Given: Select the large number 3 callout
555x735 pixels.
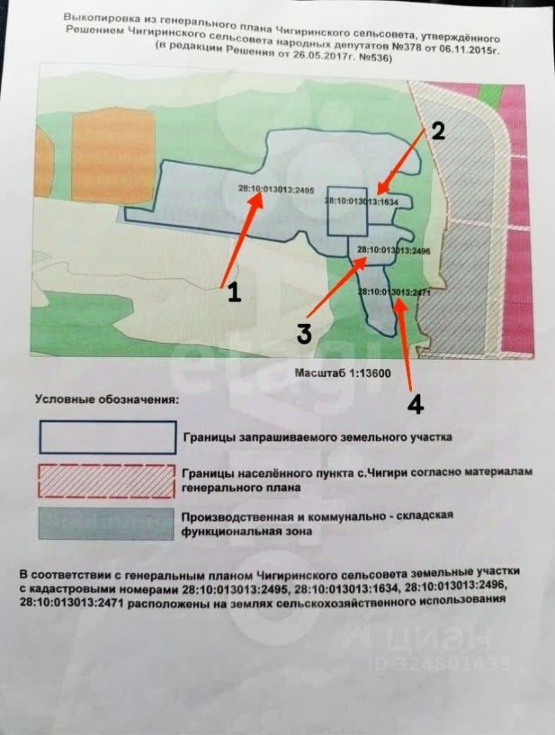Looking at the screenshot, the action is coord(304,333).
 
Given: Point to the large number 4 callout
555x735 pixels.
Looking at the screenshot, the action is coord(416,403).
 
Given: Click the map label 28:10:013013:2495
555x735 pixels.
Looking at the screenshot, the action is coord(276,189).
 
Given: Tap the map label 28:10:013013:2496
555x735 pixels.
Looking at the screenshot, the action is coord(393,250).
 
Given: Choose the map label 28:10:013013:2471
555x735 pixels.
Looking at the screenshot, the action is coord(393,292).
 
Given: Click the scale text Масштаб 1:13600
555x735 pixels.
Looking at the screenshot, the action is coord(343,373).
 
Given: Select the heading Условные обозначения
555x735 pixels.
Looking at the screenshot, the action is coord(107,400).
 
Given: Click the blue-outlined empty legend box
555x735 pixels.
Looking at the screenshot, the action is coord(108,438).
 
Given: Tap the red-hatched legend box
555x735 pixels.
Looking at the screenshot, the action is coord(107,481).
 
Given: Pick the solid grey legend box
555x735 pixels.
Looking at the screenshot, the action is coord(106,524).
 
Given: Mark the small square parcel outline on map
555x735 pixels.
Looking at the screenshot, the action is coord(347,211).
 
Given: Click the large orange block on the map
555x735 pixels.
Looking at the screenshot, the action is coord(113,155).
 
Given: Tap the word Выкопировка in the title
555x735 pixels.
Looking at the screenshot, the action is coord(96,18).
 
